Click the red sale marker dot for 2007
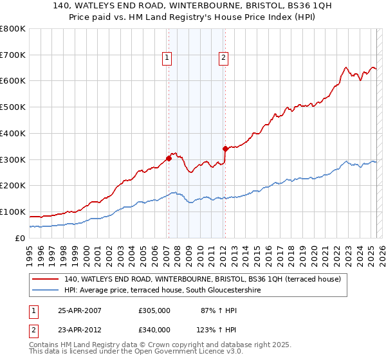point(169,157)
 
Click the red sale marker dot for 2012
point(225,148)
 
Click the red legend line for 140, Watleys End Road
point(45,280)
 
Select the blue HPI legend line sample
point(45,291)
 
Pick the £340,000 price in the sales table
point(154,329)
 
